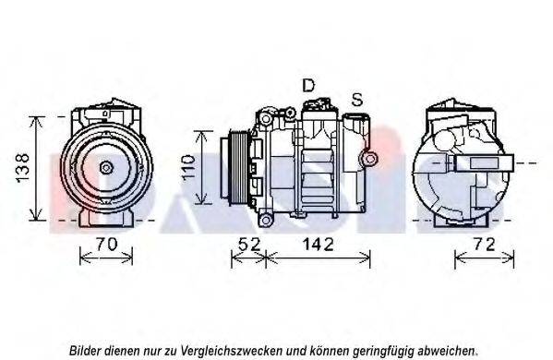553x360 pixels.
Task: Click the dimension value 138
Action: point(23,168)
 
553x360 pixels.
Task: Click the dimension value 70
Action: point(106,244)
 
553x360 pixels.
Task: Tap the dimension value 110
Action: point(188,167)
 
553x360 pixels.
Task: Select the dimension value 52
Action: point(249,244)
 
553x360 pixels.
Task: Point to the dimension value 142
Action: point(318,244)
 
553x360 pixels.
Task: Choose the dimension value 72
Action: point(485,244)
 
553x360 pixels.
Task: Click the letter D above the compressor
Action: point(308,85)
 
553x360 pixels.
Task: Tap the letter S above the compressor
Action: point(357,100)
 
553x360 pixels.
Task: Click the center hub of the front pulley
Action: point(106,167)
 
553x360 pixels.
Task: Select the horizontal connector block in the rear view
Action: point(484,162)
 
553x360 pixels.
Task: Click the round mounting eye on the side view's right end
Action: point(369,159)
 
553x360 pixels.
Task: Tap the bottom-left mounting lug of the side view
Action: point(265,220)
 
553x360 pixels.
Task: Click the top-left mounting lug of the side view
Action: point(265,118)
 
